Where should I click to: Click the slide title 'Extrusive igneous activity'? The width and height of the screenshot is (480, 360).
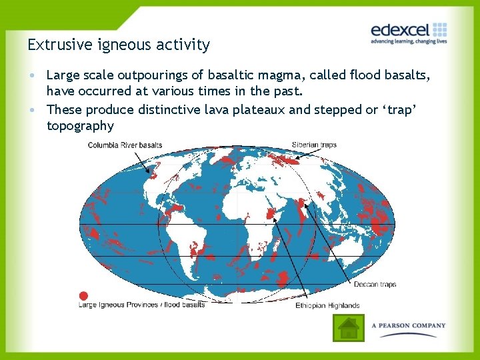click(x=119, y=45)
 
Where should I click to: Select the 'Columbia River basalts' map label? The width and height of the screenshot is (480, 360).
click(x=125, y=145)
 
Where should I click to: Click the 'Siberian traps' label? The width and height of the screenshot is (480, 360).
click(x=314, y=145)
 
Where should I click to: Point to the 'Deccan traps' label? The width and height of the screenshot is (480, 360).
click(x=375, y=284)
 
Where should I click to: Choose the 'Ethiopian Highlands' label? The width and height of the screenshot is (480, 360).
click(x=327, y=306)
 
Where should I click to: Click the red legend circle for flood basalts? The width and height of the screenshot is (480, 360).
click(x=83, y=295)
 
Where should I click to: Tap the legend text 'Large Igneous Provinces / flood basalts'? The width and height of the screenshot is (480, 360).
click(x=141, y=305)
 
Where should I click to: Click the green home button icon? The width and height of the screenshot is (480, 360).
click(x=349, y=328)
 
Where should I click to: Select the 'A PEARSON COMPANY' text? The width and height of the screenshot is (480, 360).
click(x=409, y=325)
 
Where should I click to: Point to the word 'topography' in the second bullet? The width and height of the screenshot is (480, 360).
click(x=80, y=126)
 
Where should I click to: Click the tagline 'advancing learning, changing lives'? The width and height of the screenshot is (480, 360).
click(x=408, y=41)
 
